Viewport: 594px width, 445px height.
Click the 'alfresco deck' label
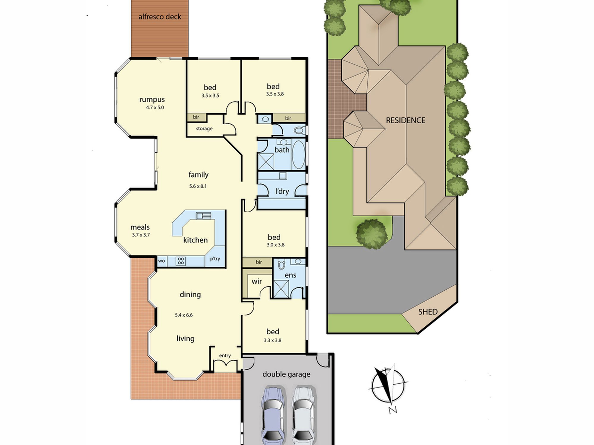pyautogui.click(x=160, y=17)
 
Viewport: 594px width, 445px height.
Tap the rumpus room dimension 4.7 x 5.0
pyautogui.click(x=155, y=108)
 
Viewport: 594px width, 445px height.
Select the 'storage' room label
pyautogui.click(x=204, y=129)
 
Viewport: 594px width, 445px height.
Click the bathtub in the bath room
pyautogui.click(x=298, y=154)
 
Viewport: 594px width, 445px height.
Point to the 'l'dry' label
pyautogui.click(x=282, y=191)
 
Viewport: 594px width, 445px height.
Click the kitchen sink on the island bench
pyautogui.click(x=203, y=215)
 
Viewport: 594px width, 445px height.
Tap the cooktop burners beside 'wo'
pyautogui.click(x=181, y=261)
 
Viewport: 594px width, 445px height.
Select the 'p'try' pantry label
pyautogui.click(x=215, y=259)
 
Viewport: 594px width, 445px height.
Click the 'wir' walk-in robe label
pyautogui.click(x=257, y=281)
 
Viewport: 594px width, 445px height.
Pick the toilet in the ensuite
pyautogui.click(x=281, y=263)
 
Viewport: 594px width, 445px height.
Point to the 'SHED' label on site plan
pyautogui.click(x=428, y=312)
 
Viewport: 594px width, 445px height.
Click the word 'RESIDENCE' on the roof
pyautogui.click(x=405, y=120)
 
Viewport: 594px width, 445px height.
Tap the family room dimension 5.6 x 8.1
pyautogui.click(x=198, y=186)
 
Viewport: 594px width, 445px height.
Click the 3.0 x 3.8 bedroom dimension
pyautogui.click(x=276, y=245)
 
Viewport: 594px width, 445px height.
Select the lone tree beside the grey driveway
pyautogui.click(x=372, y=234)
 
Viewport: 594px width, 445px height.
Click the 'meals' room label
pyautogui.click(x=140, y=227)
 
